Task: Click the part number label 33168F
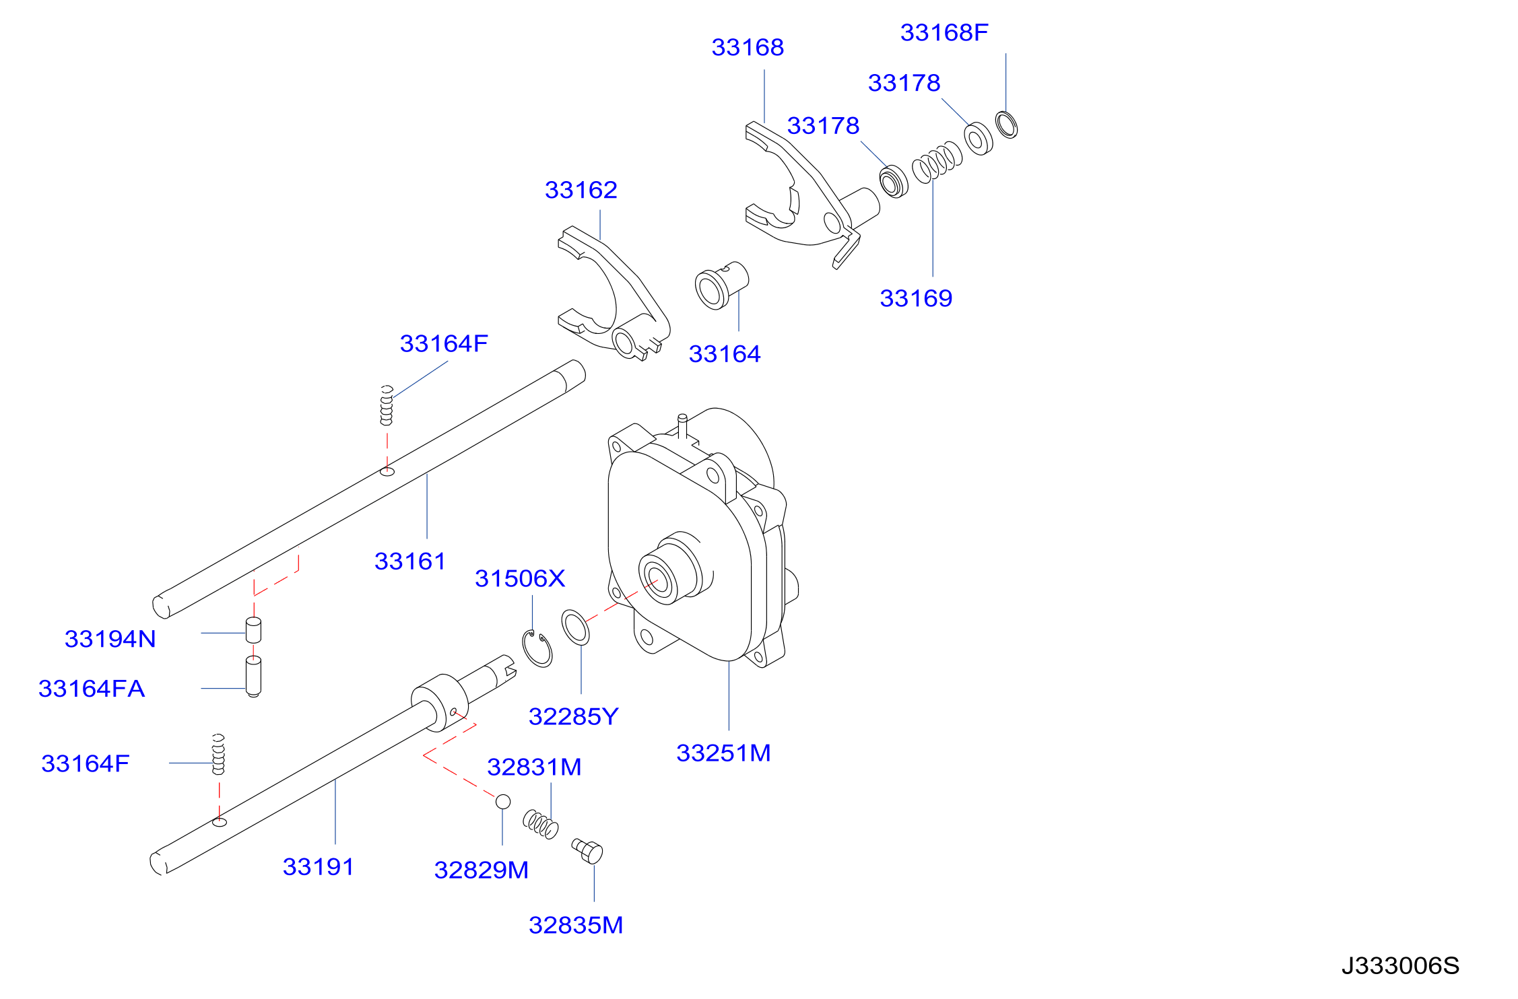pos(944,32)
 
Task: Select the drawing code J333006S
pos(1400,966)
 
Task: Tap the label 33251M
pos(723,753)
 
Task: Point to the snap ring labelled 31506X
pos(537,649)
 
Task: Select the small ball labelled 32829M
pos(503,802)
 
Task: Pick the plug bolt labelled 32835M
pos(587,851)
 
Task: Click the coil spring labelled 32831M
pos(541,824)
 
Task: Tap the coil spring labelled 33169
pos(937,162)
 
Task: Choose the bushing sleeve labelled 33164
pos(721,285)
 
